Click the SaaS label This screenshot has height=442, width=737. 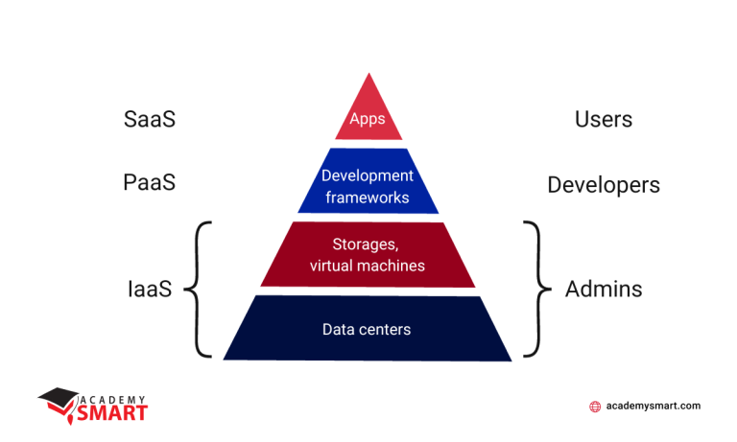point(150,120)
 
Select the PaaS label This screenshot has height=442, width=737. point(149,182)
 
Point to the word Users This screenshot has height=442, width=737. point(603,120)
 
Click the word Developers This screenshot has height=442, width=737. point(603,185)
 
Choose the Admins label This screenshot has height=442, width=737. point(603,289)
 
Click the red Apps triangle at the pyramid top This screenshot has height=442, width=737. point(368,115)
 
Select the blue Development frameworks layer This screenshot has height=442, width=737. point(368,186)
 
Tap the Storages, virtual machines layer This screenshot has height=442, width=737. point(368,254)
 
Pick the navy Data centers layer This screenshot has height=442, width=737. point(368,330)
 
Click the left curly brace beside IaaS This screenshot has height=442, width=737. point(200,289)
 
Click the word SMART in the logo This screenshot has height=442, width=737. point(113,413)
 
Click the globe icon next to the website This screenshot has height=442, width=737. point(595,407)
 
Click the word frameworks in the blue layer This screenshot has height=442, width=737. point(368,198)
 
